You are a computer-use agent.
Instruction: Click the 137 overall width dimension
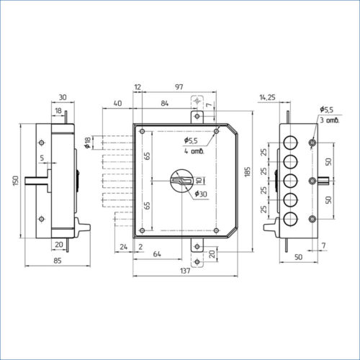(185, 271)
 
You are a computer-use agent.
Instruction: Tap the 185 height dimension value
(248, 172)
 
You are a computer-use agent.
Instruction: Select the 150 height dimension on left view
(16, 181)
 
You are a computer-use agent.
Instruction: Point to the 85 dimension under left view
(58, 261)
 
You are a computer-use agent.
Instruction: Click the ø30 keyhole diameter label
(201, 194)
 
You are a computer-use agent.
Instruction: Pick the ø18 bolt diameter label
(88, 143)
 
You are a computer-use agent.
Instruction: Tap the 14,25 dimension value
(267, 97)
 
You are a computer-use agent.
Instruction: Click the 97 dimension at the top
(179, 87)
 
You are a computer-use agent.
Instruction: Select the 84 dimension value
(164, 103)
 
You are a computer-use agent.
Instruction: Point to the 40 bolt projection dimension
(117, 103)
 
